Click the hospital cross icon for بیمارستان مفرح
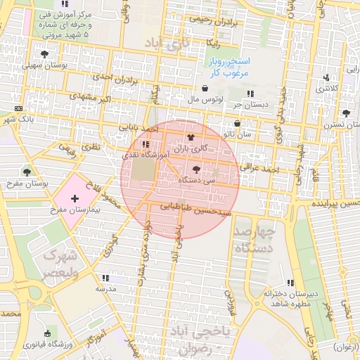tap(75, 200)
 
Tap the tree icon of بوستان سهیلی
tap(45, 53)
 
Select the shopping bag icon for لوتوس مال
tap(205, 89)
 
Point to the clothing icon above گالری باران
tap(189, 138)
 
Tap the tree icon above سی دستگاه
tap(195, 169)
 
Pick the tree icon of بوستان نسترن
tap(345, 113)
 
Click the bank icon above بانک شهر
tap(18, 108)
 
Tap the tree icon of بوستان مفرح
tap(27, 172)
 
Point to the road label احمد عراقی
tap(260, 169)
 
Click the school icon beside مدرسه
tap(105, 278)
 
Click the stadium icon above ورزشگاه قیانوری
tap(47, 333)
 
